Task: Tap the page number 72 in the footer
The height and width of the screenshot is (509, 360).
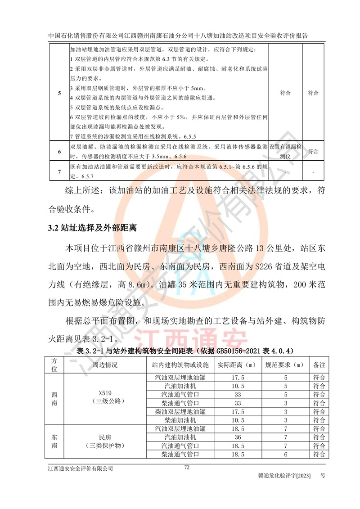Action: (187, 468)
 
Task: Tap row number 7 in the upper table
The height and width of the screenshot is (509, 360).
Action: (59, 172)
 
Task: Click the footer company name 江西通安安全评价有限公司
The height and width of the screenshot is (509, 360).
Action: (81, 468)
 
